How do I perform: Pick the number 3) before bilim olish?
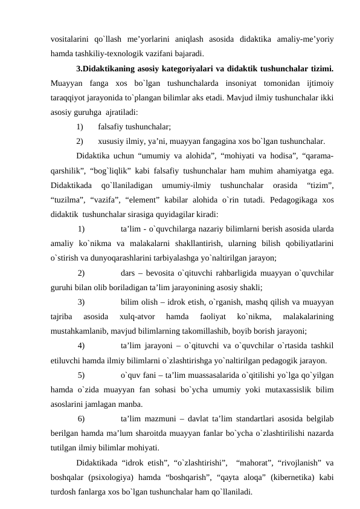coord(81,301)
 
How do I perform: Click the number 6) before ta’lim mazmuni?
coord(81,418)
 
